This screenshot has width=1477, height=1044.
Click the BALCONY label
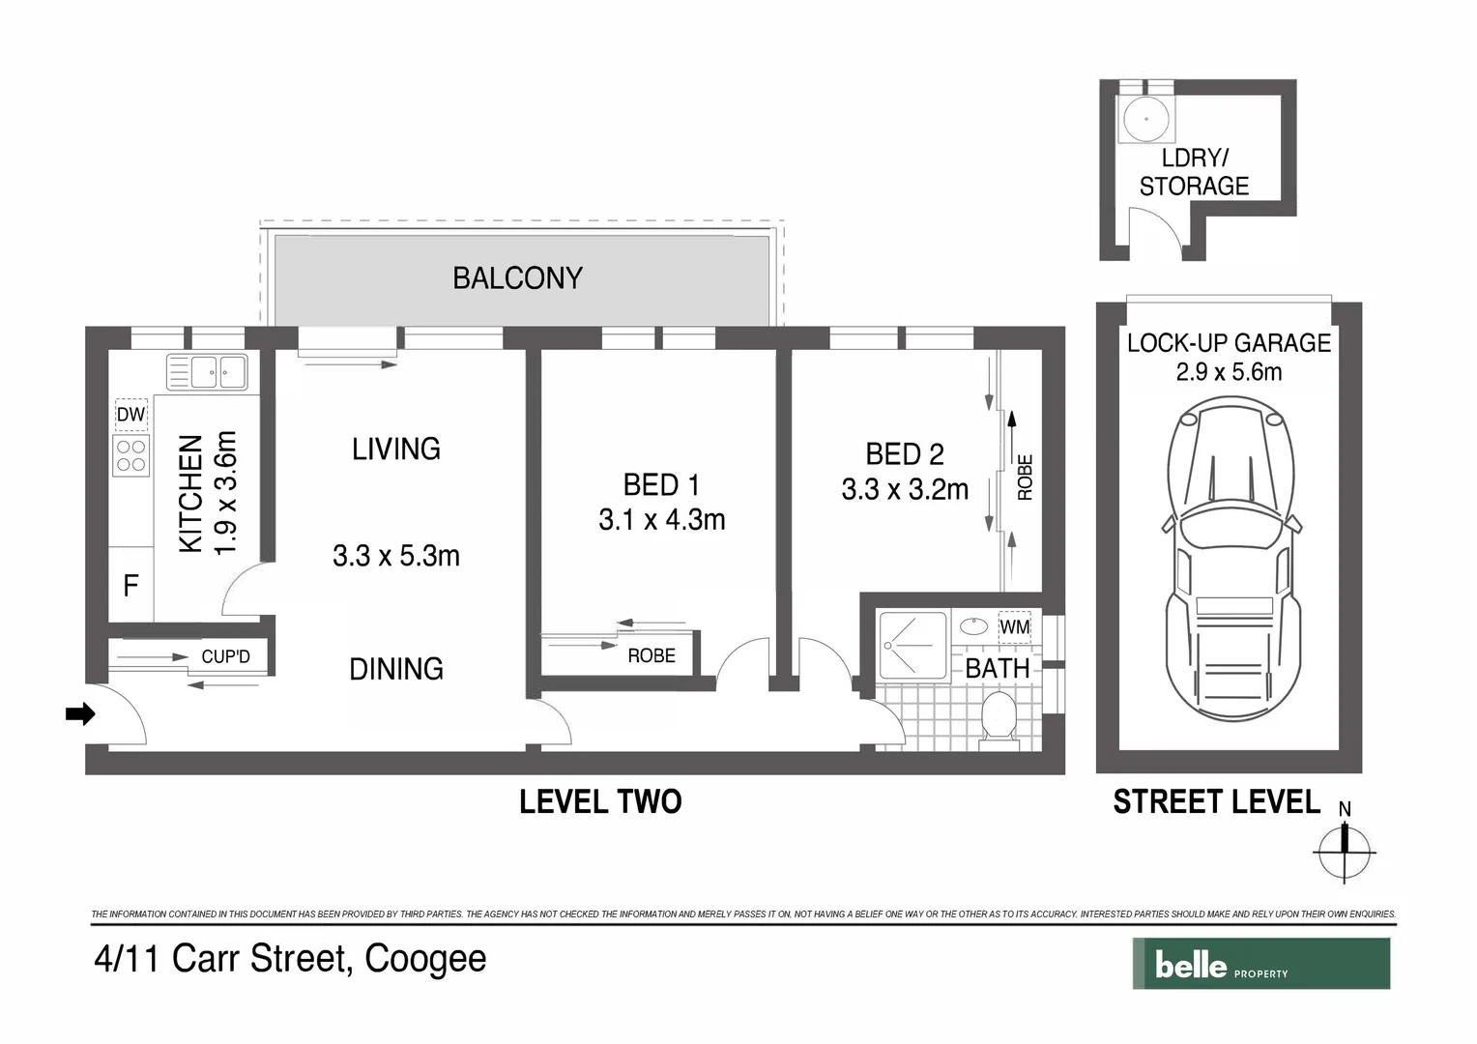pyautogui.click(x=517, y=278)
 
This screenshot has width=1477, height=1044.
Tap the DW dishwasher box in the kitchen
pyautogui.click(x=130, y=415)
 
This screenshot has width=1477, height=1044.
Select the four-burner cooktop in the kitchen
pyautogui.click(x=131, y=456)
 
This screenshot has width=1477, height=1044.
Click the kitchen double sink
pyautogui.click(x=207, y=371)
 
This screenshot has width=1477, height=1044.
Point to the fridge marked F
pyautogui.click(x=130, y=585)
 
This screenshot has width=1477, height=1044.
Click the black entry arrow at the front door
pyautogui.click(x=79, y=714)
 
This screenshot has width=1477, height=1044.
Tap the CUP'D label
pyautogui.click(x=225, y=656)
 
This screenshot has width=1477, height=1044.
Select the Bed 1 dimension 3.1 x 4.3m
pyautogui.click(x=661, y=520)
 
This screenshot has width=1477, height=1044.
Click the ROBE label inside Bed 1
pyautogui.click(x=652, y=655)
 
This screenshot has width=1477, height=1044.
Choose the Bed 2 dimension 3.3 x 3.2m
pyautogui.click(x=905, y=490)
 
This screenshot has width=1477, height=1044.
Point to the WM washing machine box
pyautogui.click(x=1014, y=627)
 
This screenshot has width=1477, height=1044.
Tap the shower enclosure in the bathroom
pyautogui.click(x=912, y=645)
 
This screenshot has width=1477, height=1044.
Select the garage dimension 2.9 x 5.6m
pyautogui.click(x=1229, y=372)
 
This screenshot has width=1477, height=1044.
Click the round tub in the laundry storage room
pyautogui.click(x=1146, y=120)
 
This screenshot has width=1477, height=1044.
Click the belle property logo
pyautogui.click(x=1260, y=964)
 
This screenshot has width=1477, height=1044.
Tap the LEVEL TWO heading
pyautogui.click(x=600, y=801)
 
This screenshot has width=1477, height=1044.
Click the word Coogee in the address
pyautogui.click(x=425, y=959)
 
